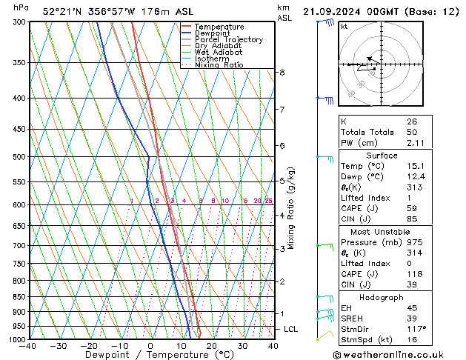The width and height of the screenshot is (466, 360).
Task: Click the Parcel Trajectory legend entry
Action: (228, 40)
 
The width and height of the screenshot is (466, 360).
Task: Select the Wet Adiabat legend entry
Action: (219, 53)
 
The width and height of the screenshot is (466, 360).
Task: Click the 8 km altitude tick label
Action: (282, 72)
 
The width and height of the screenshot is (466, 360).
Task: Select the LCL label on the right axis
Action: (291, 329)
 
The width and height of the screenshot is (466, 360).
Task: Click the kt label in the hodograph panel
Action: (344, 26)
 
